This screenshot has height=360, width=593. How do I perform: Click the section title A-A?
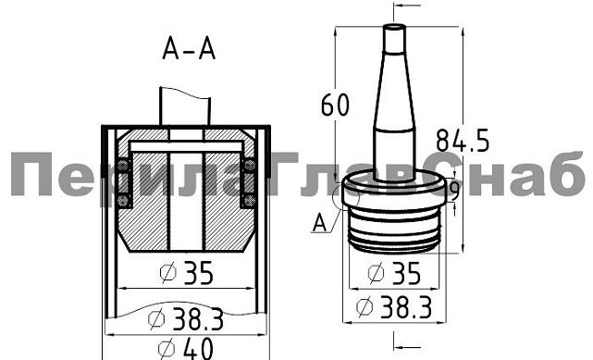(189, 49)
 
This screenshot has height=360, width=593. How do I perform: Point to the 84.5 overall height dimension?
(463, 141)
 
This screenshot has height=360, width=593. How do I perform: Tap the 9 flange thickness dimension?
(455, 192)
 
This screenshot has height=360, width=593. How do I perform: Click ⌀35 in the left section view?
(187, 273)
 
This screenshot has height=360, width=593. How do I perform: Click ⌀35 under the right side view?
(394, 273)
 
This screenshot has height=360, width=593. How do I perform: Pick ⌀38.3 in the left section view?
(186, 318)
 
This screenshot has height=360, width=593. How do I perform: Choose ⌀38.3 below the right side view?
(394, 306)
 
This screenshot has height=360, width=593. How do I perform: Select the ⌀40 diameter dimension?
(185, 349)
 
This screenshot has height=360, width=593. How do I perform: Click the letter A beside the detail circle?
(319, 222)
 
